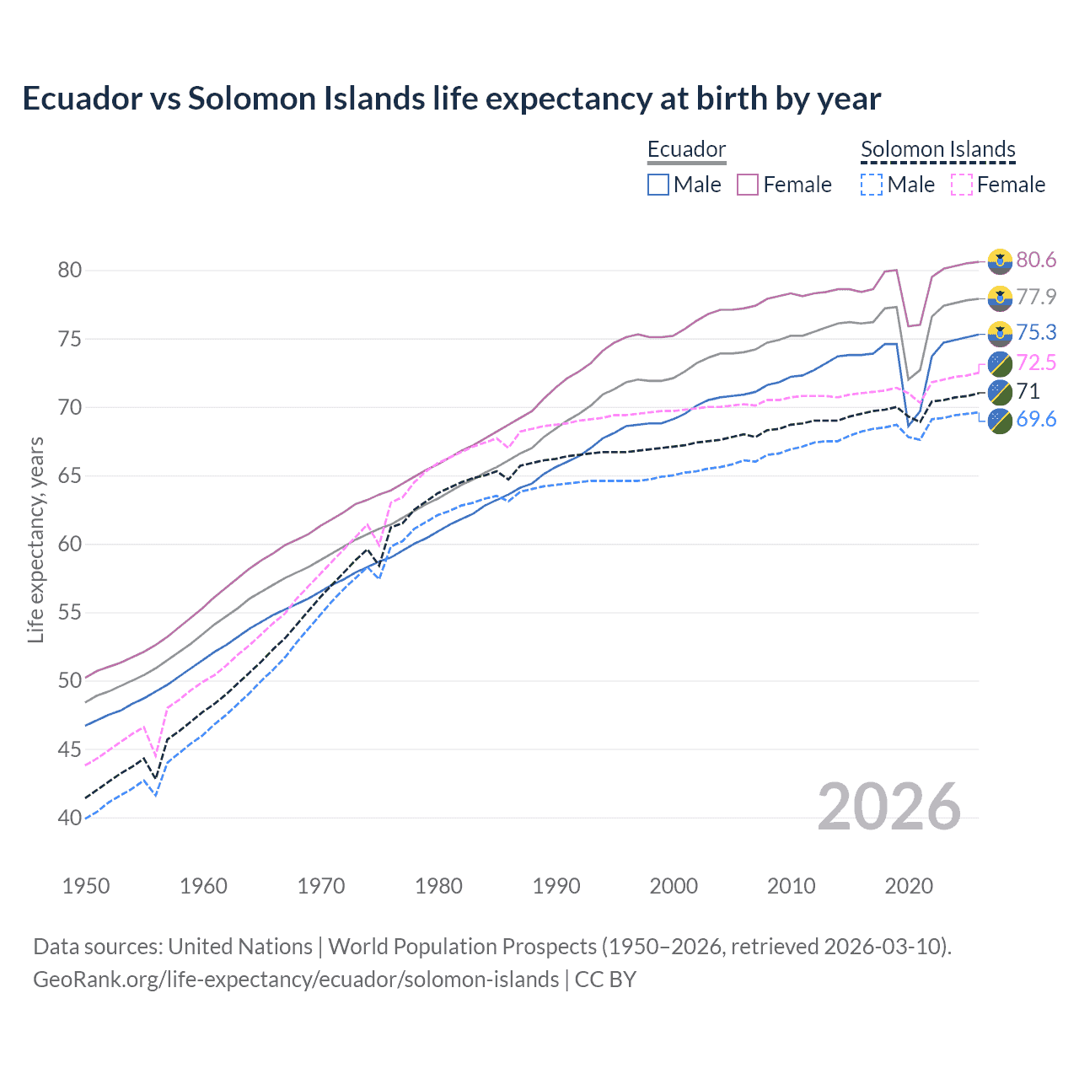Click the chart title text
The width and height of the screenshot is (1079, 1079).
click(x=451, y=99)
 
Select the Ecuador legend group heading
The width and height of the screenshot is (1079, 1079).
click(x=686, y=150)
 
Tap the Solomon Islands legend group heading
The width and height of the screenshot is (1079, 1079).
click(x=937, y=150)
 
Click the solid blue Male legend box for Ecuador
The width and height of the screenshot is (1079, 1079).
click(x=658, y=185)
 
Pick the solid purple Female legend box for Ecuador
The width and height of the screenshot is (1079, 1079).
click(x=748, y=185)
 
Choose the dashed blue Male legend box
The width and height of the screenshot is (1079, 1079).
click(x=872, y=185)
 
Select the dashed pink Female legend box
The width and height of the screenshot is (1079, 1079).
click(x=961, y=185)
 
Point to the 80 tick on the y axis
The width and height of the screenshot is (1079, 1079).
click(x=70, y=271)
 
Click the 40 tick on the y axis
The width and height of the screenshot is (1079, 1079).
click(x=70, y=818)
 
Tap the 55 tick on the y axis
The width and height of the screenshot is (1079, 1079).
click(x=70, y=613)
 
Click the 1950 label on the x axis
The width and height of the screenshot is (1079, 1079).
click(x=86, y=886)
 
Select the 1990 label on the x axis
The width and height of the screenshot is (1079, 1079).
click(x=556, y=886)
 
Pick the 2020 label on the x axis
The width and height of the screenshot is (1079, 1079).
click(x=909, y=886)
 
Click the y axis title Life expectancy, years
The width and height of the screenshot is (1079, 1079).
click(x=36, y=539)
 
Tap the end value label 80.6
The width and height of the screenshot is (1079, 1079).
click(x=1036, y=260)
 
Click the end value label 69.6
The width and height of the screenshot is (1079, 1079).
click(x=1036, y=419)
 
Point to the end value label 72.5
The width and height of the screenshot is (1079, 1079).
click(x=1036, y=363)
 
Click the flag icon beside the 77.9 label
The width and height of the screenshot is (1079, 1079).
click(x=1000, y=298)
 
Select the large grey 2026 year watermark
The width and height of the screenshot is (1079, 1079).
click(x=889, y=807)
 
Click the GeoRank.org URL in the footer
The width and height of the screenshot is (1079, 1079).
click(x=296, y=980)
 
